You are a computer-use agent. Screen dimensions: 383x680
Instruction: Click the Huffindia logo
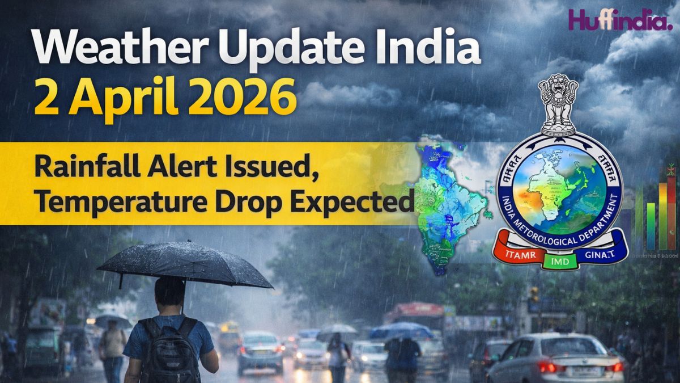point(620,21)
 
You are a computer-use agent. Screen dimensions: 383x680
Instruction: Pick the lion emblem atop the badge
point(558,105)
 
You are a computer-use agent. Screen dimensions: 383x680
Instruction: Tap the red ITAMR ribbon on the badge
point(516,254)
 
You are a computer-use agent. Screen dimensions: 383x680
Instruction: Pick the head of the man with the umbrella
point(169,292)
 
